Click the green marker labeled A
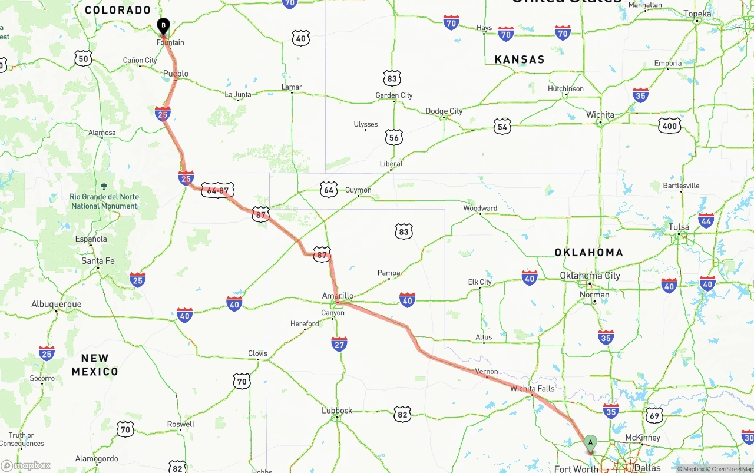click(590, 443)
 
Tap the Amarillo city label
click(338, 296)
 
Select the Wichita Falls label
click(532, 389)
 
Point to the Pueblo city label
click(176, 74)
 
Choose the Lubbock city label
click(337, 411)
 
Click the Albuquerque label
click(57, 305)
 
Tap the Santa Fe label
click(98, 261)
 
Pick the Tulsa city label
click(679, 227)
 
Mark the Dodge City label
click(444, 111)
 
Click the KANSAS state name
click(520, 59)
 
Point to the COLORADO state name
click(118, 10)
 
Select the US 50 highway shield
click(83, 58)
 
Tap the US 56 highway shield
click(394, 138)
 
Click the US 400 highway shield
click(669, 125)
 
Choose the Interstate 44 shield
click(706, 220)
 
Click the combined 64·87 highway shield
click(218, 190)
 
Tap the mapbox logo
click(26, 465)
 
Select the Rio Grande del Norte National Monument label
click(104, 201)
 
